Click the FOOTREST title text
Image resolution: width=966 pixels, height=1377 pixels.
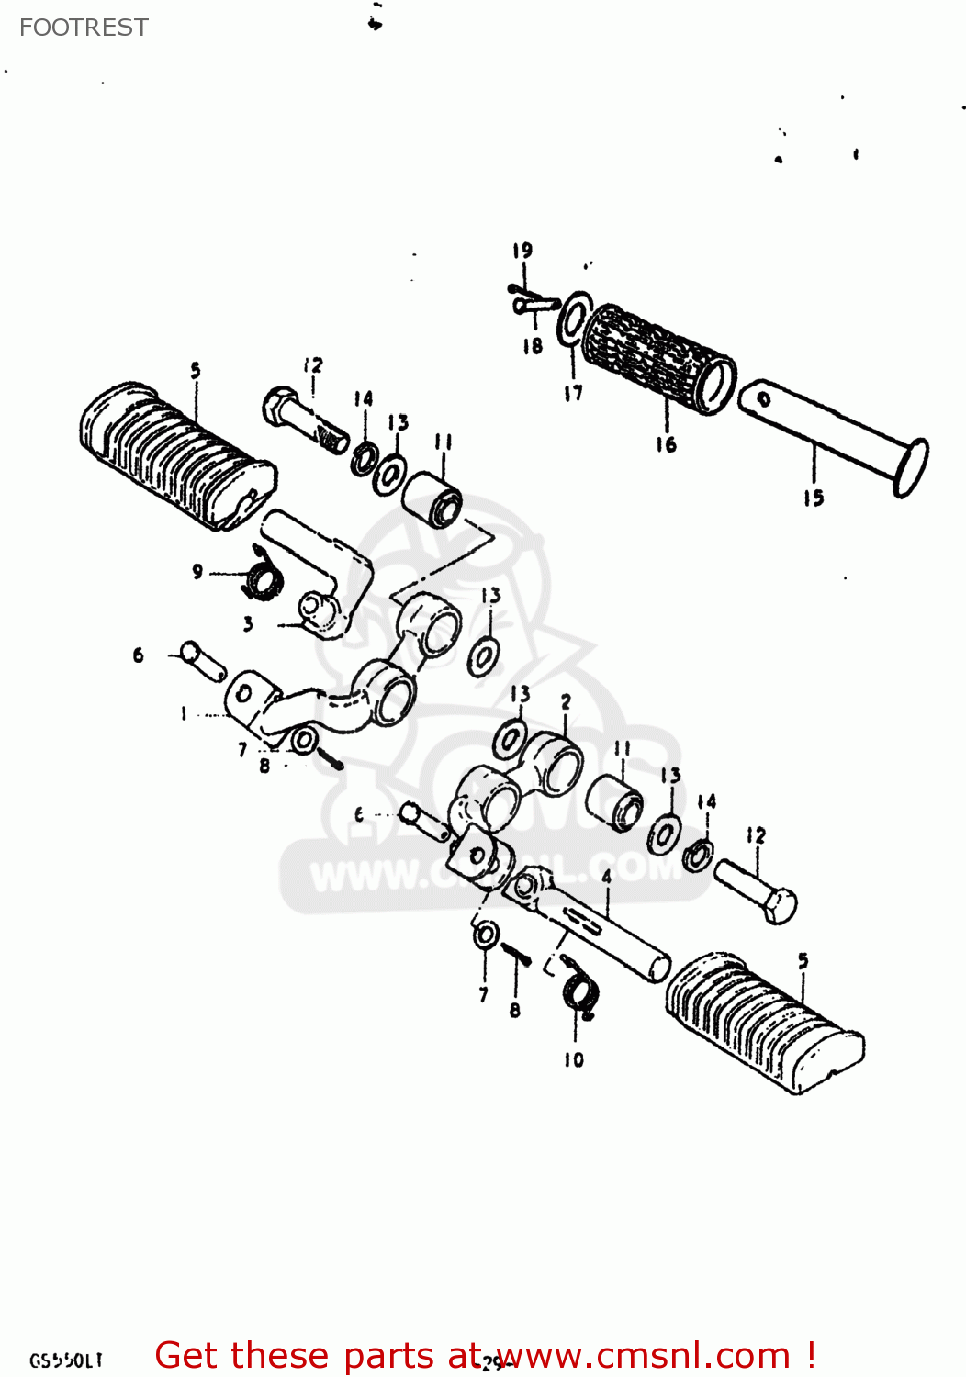(x=84, y=28)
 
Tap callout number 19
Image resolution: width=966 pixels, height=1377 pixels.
(x=522, y=250)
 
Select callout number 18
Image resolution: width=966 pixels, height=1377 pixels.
(x=533, y=346)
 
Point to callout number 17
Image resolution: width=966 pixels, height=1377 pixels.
(x=573, y=393)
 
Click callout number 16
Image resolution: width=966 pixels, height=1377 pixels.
(x=666, y=444)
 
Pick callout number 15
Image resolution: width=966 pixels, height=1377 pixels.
(x=814, y=498)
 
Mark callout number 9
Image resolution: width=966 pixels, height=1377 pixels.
(x=197, y=572)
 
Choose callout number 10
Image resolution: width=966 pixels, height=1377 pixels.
(x=574, y=1059)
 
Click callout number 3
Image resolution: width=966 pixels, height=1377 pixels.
(x=248, y=624)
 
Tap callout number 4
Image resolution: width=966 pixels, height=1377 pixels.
(x=606, y=878)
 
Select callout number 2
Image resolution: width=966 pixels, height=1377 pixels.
(x=566, y=701)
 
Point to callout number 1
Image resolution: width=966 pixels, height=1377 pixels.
(x=184, y=713)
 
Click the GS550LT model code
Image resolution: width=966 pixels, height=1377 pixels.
(x=66, y=1360)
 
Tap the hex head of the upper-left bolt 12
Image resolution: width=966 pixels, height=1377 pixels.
(x=277, y=405)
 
